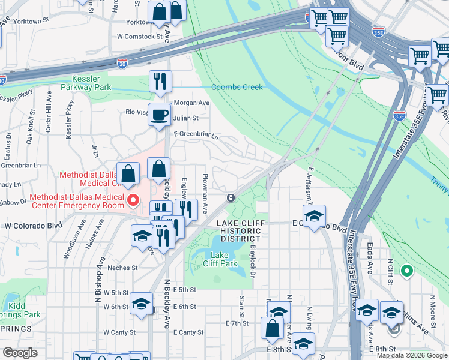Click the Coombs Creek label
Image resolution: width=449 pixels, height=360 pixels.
[237, 87]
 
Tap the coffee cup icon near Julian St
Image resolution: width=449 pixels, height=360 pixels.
[160, 114]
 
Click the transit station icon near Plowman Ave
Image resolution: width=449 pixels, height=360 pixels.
[231, 198]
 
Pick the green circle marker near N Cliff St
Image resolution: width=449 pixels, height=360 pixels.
[407, 271]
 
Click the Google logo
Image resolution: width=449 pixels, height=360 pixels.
[20, 353]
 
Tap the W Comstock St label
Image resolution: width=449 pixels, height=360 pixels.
[140, 36]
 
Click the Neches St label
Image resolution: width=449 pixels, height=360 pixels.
[122, 268]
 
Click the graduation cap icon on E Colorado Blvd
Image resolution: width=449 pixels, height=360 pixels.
[314, 217]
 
